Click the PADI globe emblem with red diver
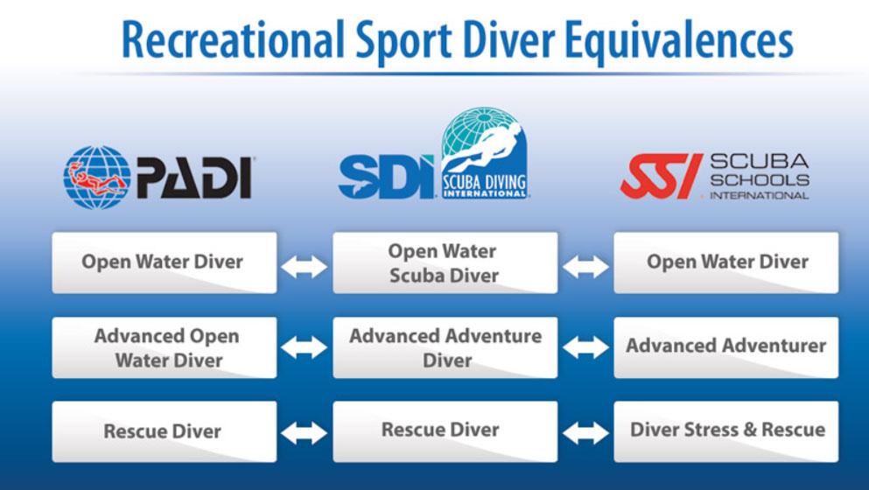(x=97, y=178)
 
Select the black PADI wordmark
(x=194, y=178)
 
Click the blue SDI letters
(x=386, y=177)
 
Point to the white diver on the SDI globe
(x=484, y=146)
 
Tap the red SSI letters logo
(x=662, y=176)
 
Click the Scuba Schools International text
(x=760, y=177)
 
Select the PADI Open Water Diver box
(x=164, y=262)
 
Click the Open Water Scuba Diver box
(x=445, y=262)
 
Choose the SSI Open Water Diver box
(x=726, y=262)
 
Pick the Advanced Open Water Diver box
(x=164, y=347)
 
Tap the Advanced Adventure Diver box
(x=445, y=347)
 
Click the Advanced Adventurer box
(x=726, y=347)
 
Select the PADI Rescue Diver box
(x=164, y=431)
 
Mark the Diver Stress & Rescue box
(x=726, y=431)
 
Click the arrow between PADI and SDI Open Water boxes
(x=305, y=267)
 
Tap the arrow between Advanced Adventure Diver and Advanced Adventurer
(x=585, y=348)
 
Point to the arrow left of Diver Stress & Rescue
(x=585, y=433)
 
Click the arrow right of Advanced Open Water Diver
(x=305, y=348)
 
